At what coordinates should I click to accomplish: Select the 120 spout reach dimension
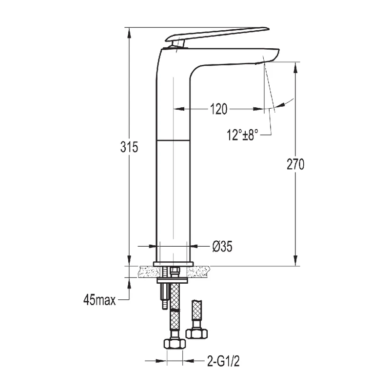[219, 109]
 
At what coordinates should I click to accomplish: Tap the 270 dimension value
[295, 165]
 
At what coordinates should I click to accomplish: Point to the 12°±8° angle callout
[242, 135]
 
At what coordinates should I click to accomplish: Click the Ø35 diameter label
[222, 247]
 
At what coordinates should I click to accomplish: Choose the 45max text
[99, 300]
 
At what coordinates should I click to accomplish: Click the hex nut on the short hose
[197, 334]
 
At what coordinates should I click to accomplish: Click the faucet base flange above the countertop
[173, 264]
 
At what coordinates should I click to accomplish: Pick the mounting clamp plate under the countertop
[173, 280]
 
